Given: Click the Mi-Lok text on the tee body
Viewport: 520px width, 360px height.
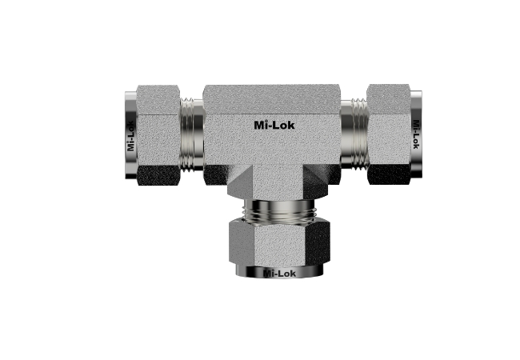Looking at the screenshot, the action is tap(274, 125).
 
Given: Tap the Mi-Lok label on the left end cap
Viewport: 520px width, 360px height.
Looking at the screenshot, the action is tap(130, 135).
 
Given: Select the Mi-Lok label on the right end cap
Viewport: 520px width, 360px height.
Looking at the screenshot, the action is tap(416, 134).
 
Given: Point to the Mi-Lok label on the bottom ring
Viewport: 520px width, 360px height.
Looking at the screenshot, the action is tap(279, 274).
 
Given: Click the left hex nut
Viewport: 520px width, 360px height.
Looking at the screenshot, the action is tap(158, 135).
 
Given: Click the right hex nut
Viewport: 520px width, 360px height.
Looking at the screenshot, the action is tap(389, 134).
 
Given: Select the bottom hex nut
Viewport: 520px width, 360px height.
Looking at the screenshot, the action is tap(279, 243).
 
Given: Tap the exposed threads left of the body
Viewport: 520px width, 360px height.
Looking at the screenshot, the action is tap(192, 135).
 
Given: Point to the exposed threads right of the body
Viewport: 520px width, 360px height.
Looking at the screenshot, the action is tap(354, 134).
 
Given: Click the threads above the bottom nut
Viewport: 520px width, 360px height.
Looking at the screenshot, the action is tap(279, 211).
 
